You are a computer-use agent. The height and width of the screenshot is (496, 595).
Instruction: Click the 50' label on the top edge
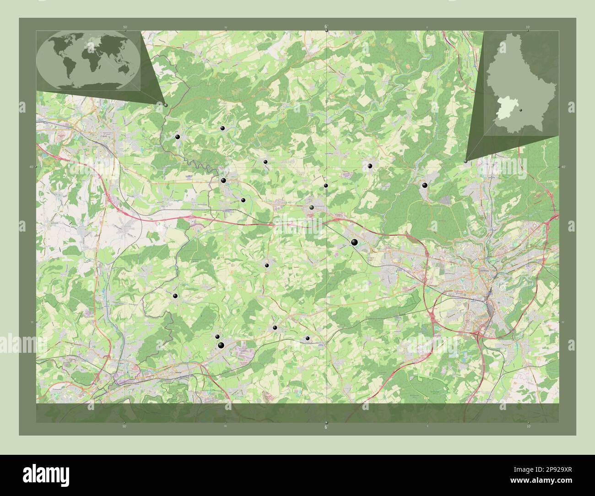pos(125,27)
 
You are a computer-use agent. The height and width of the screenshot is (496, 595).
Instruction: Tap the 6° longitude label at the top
pos(325,27)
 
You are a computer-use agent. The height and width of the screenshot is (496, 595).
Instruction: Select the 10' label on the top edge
pos(528,27)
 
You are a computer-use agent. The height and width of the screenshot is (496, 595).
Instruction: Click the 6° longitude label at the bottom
pos(325,427)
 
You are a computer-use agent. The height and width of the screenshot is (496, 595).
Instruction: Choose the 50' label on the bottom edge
pos(124,426)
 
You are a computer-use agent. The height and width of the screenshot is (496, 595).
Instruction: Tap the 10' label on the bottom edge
pos(528,426)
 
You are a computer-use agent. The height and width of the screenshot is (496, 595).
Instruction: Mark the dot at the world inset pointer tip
pos(166,105)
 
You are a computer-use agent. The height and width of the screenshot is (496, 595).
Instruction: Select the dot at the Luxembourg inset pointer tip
pos(465,161)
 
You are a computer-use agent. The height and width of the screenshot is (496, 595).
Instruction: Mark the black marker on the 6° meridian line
pos(326,185)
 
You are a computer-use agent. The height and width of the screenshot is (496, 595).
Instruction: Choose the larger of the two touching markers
pos(221,345)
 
